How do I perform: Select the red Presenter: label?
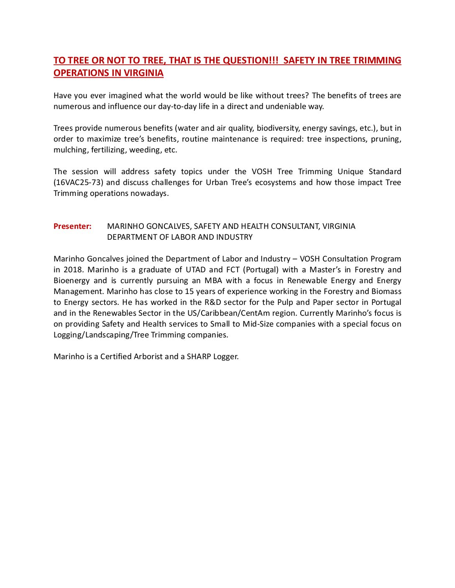72,226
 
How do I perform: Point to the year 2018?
73,270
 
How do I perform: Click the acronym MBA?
213,281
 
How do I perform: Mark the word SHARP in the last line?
199,357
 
